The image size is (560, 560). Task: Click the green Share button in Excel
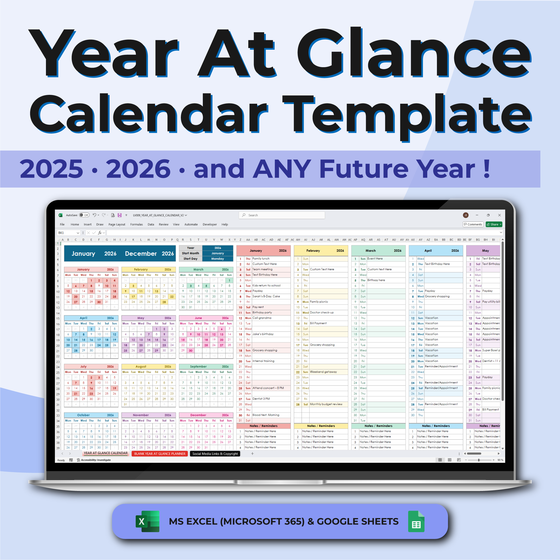point(494,224)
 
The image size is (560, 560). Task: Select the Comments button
point(473,224)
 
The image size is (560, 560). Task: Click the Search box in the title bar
point(282,215)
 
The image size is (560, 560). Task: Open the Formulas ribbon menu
point(137,224)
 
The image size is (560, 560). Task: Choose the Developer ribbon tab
point(210,224)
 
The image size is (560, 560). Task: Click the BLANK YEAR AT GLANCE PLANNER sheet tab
point(160,454)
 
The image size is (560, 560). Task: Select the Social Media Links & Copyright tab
point(215,454)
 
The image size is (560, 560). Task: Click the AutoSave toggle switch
point(84,215)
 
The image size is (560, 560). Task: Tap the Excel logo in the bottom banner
point(148,522)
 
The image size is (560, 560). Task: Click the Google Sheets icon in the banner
point(416,522)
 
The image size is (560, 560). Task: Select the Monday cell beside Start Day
point(217,259)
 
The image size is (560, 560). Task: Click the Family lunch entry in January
point(261,259)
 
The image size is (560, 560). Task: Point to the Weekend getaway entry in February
point(323,372)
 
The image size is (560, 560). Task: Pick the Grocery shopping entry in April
point(437,296)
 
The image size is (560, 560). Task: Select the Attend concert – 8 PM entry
point(268,388)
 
